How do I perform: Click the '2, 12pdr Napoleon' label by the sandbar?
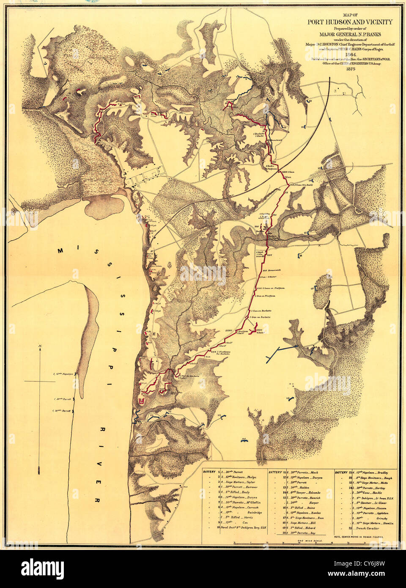(x=64, y=374)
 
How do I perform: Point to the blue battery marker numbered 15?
(x=311, y=232)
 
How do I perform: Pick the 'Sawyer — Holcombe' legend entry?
(x=303, y=492)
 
